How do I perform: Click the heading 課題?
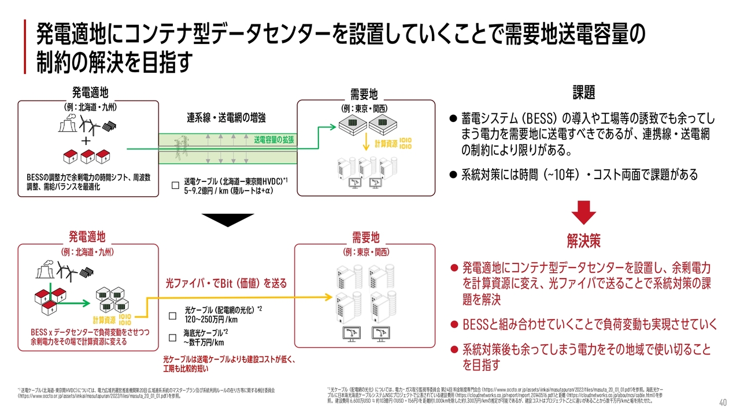[x=583, y=92]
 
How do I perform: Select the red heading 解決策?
[x=583, y=240]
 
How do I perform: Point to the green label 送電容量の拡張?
[x=274, y=140]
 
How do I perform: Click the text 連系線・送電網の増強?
[x=226, y=118]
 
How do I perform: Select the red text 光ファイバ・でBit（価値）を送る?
[x=226, y=283]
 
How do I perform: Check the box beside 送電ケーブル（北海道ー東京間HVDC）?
[x=175, y=185]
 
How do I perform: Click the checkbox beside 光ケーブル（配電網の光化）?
[x=172, y=316]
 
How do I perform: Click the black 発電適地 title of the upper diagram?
[x=90, y=92]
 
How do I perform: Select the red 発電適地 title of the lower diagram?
[x=87, y=236]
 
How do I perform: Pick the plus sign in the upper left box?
[x=86, y=142]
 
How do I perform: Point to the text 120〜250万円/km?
[x=211, y=320]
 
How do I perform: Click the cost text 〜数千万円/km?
[x=203, y=342]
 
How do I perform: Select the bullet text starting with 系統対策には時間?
[x=579, y=174]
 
